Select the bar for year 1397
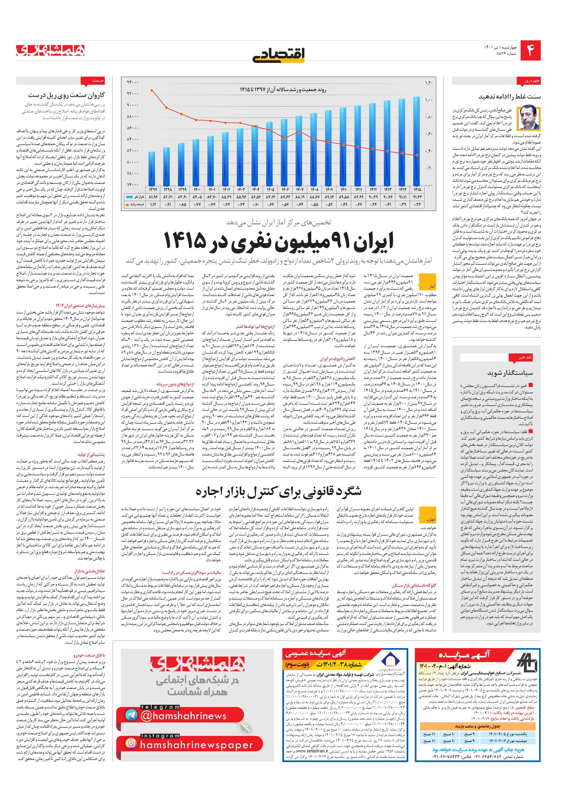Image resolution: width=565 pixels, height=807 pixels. (152, 169)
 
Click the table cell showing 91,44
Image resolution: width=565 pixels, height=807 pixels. (417, 197)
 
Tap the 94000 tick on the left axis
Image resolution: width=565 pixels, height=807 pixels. (133, 82)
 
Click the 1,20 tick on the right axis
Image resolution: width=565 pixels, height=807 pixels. (428, 83)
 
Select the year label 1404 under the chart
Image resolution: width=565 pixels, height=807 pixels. (256, 190)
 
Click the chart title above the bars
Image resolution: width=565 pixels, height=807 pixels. (283, 90)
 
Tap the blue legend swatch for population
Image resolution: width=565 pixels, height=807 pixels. (130, 197)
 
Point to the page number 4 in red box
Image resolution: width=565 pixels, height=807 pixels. (530, 51)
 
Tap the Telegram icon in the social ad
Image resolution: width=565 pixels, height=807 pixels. (131, 715)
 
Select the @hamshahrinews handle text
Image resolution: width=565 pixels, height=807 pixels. (183, 716)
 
